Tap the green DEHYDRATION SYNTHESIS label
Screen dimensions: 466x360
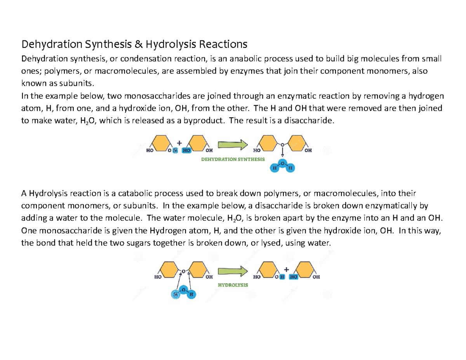coord(233,159)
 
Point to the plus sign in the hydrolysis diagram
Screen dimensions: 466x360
coord(287,269)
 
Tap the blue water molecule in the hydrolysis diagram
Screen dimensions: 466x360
coord(183,292)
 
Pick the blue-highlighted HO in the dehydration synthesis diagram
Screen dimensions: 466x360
coord(186,151)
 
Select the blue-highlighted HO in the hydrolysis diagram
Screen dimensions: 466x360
coord(294,277)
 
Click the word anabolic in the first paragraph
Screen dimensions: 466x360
coord(232,59)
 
